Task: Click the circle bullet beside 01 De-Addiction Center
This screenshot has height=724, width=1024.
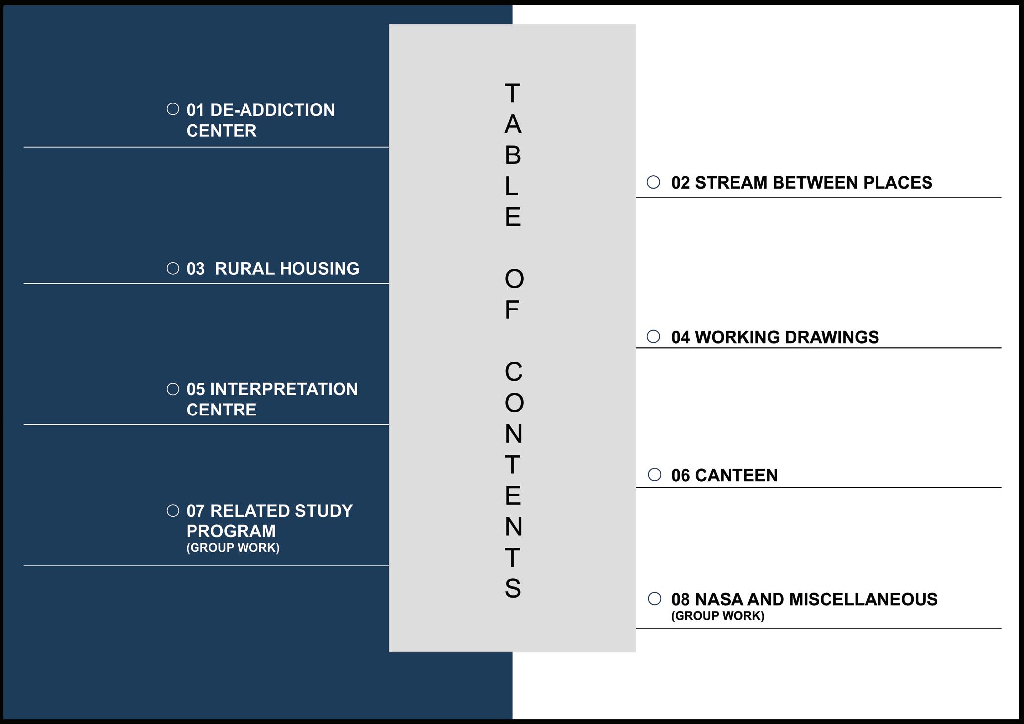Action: [x=173, y=109]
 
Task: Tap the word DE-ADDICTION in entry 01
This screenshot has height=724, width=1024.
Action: [x=272, y=110]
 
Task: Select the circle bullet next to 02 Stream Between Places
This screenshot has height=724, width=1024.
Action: [x=653, y=182]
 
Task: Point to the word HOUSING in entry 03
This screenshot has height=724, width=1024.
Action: [x=319, y=269]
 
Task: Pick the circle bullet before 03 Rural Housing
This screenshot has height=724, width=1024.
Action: [x=173, y=268]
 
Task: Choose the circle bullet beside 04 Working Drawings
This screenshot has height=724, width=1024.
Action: [x=653, y=337]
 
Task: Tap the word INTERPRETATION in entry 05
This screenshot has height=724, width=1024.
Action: [x=284, y=389]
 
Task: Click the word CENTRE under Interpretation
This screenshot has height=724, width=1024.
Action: [x=221, y=410]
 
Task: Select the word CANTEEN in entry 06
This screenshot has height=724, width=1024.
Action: [x=736, y=475]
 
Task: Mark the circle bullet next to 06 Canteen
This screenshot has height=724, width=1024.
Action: [x=654, y=475]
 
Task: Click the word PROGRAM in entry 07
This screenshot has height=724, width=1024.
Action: [x=231, y=531]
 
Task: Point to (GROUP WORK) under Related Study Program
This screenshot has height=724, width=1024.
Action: [x=233, y=548]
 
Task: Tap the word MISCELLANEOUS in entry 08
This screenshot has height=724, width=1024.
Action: [x=863, y=599]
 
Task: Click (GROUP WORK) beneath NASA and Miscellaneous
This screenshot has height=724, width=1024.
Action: [x=718, y=616]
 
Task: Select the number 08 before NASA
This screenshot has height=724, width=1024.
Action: [x=680, y=599]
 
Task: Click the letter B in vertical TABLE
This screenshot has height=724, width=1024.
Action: [x=513, y=155]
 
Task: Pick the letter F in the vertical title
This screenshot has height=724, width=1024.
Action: [x=512, y=310]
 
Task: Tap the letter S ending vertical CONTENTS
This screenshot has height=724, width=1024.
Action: [x=513, y=588]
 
